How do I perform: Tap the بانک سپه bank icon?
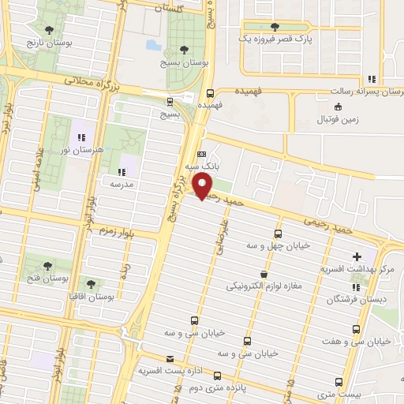201,155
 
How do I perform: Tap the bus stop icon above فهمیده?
208,92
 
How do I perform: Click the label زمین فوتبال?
338,120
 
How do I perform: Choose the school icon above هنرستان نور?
82,138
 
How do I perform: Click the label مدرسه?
119,183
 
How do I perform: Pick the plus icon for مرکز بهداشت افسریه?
357,256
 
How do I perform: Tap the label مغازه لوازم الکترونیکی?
268,285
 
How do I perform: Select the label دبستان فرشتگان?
352,300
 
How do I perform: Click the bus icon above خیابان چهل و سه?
278,234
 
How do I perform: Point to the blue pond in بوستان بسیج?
151,45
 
